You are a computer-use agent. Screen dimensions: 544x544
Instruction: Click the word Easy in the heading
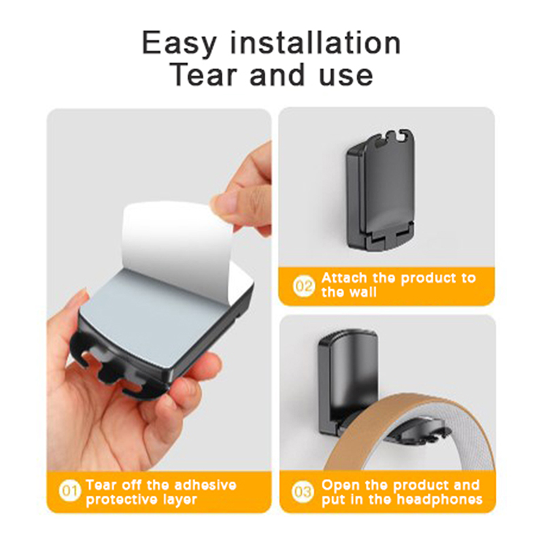(179, 44)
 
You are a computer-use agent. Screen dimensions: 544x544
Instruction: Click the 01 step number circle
(70, 491)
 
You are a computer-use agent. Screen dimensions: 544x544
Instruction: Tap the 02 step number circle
(304, 286)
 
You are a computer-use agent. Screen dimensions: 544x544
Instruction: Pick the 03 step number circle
(303, 492)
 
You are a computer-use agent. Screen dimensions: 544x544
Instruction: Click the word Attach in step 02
(344, 278)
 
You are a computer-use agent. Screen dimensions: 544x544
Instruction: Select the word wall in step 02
(363, 292)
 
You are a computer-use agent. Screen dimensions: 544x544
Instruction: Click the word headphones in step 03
(439, 500)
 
